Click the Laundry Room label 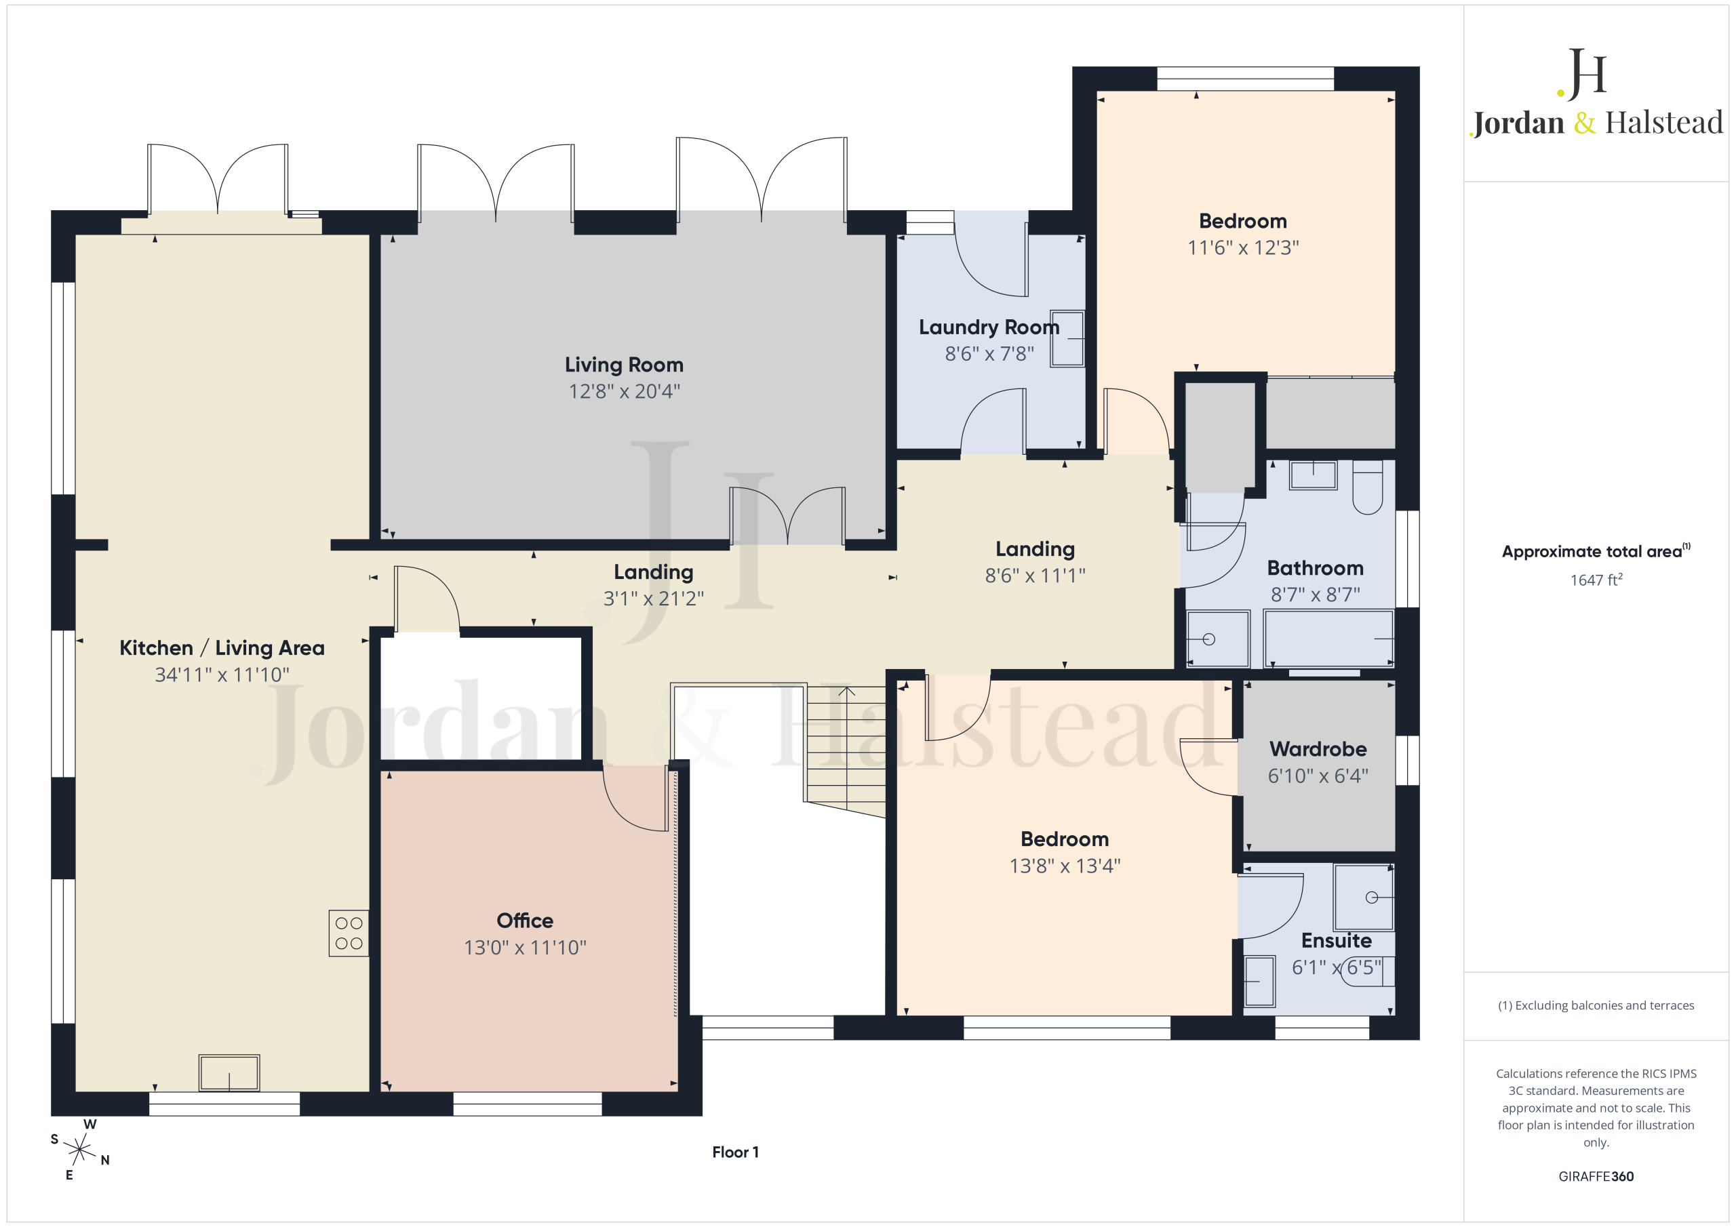point(989,327)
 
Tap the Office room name point(525,921)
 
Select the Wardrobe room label point(1318,749)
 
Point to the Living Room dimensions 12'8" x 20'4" point(625,392)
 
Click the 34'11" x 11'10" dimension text point(222,675)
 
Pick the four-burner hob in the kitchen point(349,933)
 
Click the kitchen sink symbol point(229,1072)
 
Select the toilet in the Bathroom point(1367,487)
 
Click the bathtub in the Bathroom point(1328,639)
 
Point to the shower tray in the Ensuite point(1363,898)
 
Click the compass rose point(79,1150)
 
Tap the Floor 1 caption point(735,1152)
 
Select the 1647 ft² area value point(1596,580)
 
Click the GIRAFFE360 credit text point(1596,1176)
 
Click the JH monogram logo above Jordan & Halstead point(1582,74)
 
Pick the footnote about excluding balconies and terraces point(1596,1005)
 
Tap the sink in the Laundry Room point(1067,339)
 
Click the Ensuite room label point(1336,940)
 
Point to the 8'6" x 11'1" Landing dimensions point(1035,576)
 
